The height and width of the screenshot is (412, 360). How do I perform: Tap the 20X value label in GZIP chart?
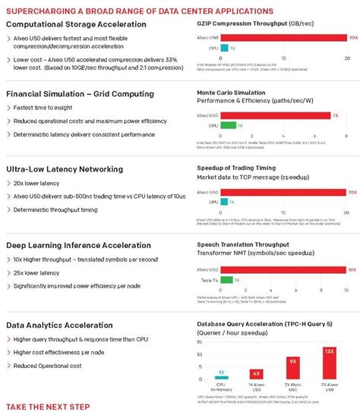pos(353,37)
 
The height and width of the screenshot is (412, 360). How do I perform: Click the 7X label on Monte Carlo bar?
pos(336,115)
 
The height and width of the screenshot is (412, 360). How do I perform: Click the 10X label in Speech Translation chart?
pos(352,269)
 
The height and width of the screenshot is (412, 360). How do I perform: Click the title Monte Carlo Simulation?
pos(231,91)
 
